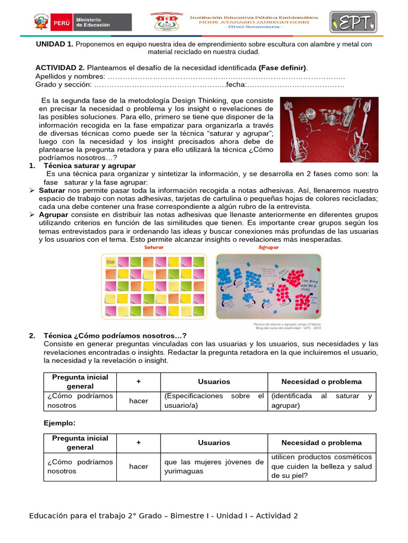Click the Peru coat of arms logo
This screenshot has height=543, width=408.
tap(40, 22)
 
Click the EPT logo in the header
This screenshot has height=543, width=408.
tap(353, 23)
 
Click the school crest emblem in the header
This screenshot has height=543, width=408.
tap(166, 22)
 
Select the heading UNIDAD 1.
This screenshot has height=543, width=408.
tap(54, 45)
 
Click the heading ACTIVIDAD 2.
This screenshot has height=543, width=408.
tap(59, 68)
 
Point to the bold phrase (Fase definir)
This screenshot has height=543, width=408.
tap(282, 68)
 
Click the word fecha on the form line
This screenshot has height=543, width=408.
tap(235, 85)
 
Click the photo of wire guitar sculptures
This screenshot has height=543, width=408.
tap(329, 129)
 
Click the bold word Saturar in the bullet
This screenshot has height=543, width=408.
tap(52, 190)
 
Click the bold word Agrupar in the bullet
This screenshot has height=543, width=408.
tap(53, 215)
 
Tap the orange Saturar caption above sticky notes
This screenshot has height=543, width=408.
tap(154, 248)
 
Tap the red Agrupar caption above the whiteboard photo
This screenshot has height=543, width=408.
tap(268, 248)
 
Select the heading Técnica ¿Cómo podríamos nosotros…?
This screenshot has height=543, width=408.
tap(115, 336)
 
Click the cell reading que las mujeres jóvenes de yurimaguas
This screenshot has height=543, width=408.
tap(214, 466)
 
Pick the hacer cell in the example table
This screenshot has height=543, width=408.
tap(139, 466)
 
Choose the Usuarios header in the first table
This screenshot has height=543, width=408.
tap(214, 382)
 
